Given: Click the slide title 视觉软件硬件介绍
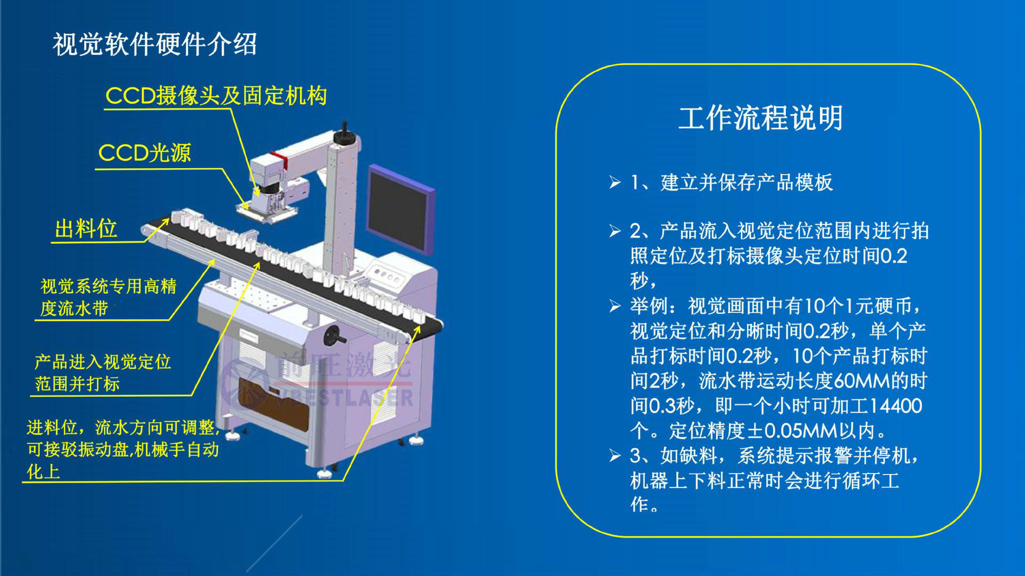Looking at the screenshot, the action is point(155,44).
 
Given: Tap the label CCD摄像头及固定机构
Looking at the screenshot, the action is point(216,96).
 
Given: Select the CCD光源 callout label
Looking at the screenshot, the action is point(145,153).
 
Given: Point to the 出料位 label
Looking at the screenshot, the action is point(86,229).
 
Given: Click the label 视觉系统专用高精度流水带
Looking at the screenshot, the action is point(108,297).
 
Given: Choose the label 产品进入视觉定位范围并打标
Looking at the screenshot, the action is point(102,373).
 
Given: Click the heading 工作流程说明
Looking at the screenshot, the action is point(761,118).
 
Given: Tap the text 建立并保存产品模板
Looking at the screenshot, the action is point(746,183).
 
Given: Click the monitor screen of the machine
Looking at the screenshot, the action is point(399,209).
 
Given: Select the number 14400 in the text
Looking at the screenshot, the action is point(895,406).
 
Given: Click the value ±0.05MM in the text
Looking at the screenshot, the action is point(801,430).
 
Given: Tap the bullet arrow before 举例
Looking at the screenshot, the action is point(615,306).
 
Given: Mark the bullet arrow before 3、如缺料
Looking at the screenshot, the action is point(615,456).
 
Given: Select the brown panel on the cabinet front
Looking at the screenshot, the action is point(273,405).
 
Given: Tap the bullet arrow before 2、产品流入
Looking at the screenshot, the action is point(615,231).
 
